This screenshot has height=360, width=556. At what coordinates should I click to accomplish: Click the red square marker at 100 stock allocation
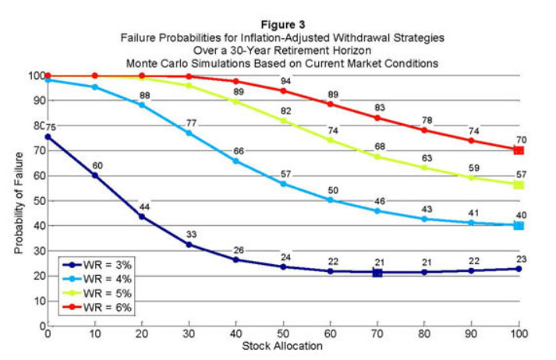point(519,150)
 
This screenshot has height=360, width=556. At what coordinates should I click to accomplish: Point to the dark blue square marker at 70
point(377,273)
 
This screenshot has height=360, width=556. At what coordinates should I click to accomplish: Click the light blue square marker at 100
point(519,225)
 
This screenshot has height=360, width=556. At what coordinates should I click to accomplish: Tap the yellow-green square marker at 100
point(519,185)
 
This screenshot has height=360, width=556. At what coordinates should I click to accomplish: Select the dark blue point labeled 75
point(48,136)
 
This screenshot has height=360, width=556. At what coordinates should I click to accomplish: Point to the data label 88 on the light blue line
point(143,95)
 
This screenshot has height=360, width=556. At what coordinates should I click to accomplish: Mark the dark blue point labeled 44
point(142,216)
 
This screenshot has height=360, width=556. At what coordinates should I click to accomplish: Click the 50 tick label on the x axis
point(284,334)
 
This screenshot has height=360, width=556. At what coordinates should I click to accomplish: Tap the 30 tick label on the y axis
point(37,250)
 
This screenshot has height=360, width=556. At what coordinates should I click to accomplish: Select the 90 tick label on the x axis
point(472,334)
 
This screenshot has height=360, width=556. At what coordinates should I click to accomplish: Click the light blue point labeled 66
point(236,161)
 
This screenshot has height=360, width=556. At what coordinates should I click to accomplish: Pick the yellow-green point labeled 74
point(331,140)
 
